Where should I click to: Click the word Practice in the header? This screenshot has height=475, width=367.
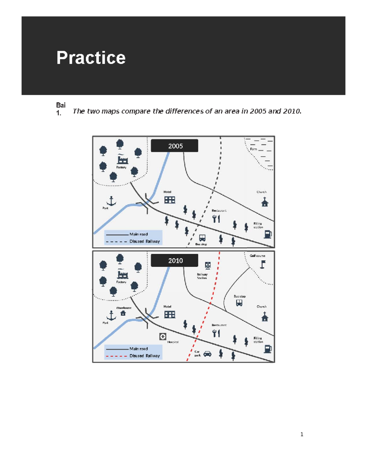click(91, 58)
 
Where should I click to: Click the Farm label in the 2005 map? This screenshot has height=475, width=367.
click(254, 149)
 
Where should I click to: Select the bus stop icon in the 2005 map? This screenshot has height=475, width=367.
click(202, 238)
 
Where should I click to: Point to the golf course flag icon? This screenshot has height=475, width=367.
click(263, 264)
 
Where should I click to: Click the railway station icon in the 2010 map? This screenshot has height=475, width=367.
click(208, 265)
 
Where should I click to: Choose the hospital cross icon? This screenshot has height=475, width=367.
click(163, 337)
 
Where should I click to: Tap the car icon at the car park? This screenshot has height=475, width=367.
click(207, 354)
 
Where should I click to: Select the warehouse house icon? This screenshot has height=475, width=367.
click(123, 313)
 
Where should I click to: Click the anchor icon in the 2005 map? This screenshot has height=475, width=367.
click(111, 201)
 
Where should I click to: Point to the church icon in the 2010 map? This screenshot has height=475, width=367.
click(265, 317)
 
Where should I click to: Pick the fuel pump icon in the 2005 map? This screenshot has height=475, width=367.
click(268, 234)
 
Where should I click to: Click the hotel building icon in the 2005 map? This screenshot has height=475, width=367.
click(170, 200)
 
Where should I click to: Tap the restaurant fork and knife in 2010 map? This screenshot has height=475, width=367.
click(216, 333)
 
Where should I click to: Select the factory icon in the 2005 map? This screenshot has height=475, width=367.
click(122, 159)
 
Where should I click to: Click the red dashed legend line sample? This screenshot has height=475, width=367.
click(117, 356)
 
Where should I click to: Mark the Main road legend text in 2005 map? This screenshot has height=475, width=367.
click(139, 234)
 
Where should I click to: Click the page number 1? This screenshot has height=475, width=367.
click(302, 434)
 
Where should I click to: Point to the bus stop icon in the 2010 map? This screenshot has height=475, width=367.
click(239, 303)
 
